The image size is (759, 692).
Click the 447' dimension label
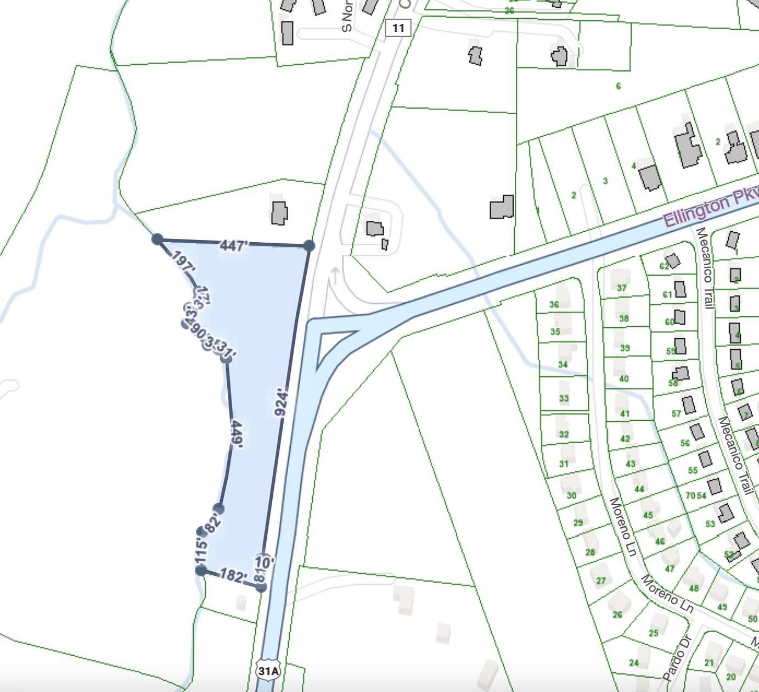(233, 245)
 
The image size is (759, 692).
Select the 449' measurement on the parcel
(237, 434)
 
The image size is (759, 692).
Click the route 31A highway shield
(268, 671)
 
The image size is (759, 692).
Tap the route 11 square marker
(398, 28)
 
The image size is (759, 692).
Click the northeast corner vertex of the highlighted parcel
(309, 245)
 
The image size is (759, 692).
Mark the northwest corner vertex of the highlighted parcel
(158, 239)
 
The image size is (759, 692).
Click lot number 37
(621, 288)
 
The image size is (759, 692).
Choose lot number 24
(634, 662)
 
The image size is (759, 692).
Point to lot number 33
(564, 398)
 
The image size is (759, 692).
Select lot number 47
(670, 568)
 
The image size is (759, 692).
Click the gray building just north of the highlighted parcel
(279, 213)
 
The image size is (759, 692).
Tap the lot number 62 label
(665, 266)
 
